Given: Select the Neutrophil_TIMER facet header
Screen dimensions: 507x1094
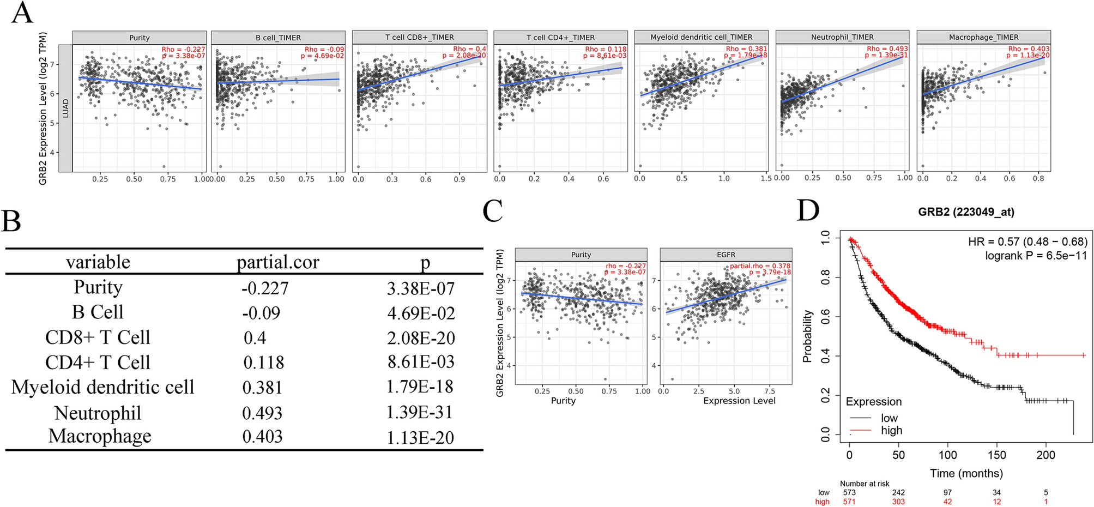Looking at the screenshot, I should (x=842, y=37).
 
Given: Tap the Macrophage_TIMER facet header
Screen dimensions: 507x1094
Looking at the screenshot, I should (x=983, y=37).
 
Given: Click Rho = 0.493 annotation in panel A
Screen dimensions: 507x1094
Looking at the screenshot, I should (x=887, y=49).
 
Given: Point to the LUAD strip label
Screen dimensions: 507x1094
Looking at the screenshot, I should (x=65, y=108).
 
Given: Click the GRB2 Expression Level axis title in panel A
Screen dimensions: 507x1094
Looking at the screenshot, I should (x=43, y=108).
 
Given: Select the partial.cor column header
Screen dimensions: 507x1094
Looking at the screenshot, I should (x=277, y=262).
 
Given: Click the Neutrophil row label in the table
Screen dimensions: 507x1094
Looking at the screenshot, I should (x=98, y=413).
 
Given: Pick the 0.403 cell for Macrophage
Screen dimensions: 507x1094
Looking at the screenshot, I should (x=262, y=436).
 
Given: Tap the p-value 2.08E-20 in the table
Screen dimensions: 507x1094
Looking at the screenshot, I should (x=421, y=338).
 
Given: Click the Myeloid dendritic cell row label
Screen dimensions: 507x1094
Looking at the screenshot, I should (x=102, y=387).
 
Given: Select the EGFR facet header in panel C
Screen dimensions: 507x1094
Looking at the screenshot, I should (x=726, y=255).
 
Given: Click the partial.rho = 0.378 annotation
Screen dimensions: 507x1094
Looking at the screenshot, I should (x=760, y=266).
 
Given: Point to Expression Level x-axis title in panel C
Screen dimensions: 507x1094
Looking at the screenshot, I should (x=739, y=401).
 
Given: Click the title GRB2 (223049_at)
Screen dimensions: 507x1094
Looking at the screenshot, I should (x=966, y=212).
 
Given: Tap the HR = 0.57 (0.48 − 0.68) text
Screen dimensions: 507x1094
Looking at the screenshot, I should (x=1027, y=242).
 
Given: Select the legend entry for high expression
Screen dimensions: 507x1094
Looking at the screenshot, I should (x=891, y=431).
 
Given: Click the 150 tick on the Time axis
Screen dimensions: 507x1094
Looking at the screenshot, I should (x=996, y=455).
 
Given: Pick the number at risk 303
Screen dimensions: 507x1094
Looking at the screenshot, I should (x=898, y=502).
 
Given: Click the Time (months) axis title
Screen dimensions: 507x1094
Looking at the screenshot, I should (x=966, y=473).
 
